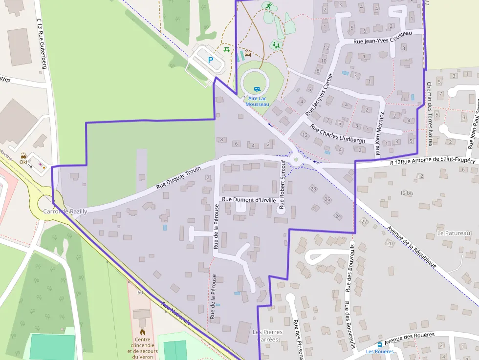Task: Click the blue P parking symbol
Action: coord(211,60)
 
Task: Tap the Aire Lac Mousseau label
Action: coord(257,101)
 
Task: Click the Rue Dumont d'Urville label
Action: coord(249,200)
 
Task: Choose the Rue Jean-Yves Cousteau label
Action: coord(382,38)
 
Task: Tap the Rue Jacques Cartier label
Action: coord(319,94)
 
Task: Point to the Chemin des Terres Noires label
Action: coord(430,113)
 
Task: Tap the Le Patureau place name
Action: coord(454,233)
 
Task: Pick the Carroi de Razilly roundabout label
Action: coord(65,212)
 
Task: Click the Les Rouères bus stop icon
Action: coord(380,344)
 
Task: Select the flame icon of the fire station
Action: coord(143,332)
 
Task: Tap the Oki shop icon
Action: coord(23,154)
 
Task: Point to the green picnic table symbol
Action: coord(226,49)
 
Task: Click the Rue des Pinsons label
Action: coord(298,339)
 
